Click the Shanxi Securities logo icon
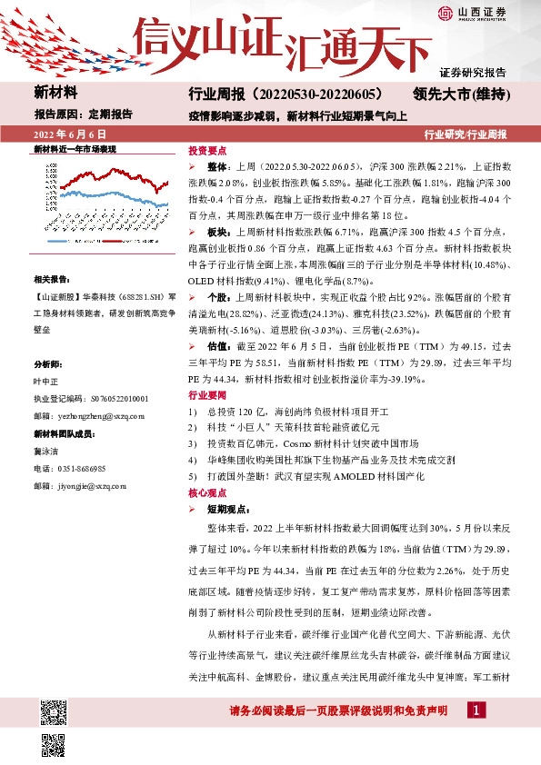(445, 12)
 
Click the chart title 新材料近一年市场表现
(75, 147)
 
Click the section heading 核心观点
(207, 492)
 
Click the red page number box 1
(475, 710)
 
